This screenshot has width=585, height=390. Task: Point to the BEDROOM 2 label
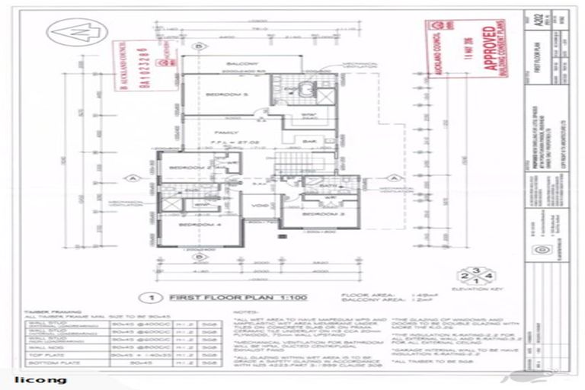185,167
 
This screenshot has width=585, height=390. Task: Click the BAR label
309,141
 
